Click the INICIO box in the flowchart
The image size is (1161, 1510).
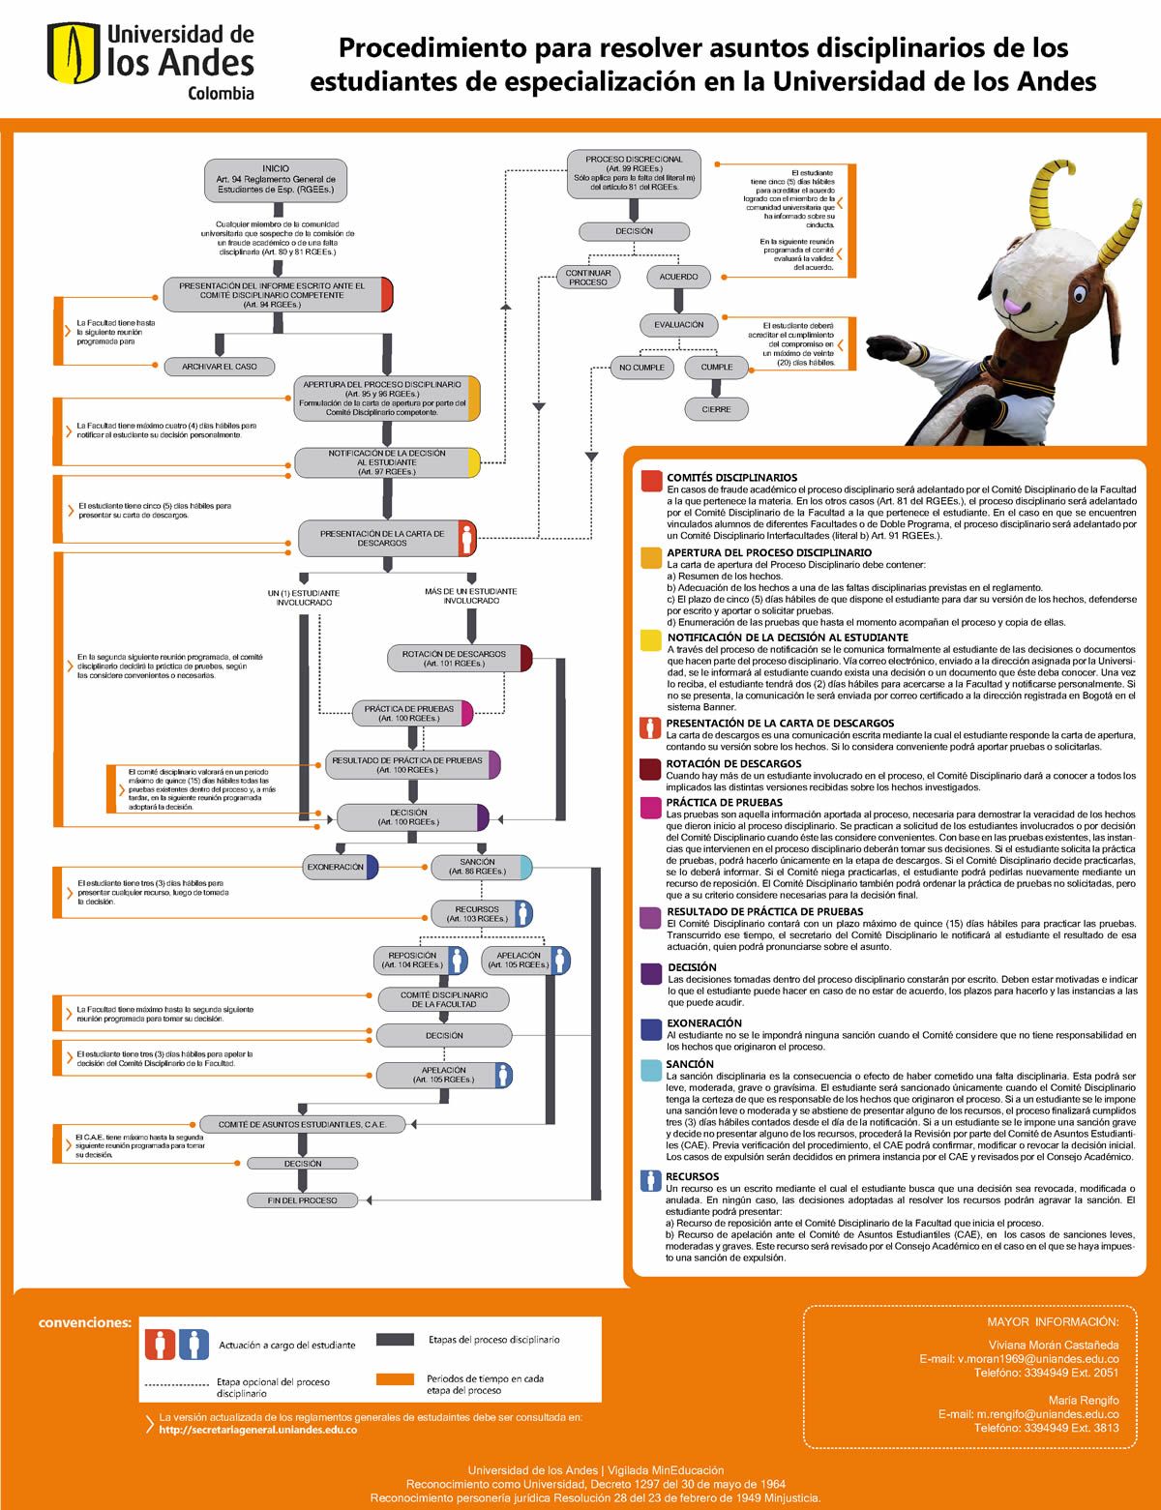click(276, 180)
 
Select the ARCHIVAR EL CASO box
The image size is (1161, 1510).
click(220, 367)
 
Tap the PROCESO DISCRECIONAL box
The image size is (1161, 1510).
click(635, 173)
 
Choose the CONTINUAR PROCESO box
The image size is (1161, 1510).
click(588, 277)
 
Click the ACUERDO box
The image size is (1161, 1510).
click(678, 277)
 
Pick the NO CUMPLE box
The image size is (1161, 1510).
click(641, 368)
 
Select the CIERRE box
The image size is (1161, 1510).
click(717, 409)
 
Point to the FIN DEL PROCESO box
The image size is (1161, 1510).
click(303, 1200)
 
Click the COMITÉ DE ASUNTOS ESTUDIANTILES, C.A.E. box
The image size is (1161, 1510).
click(302, 1124)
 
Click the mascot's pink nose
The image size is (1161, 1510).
click(1012, 306)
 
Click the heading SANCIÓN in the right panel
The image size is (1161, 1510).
click(690, 1064)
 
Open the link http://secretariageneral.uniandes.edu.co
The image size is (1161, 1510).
click(258, 1430)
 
